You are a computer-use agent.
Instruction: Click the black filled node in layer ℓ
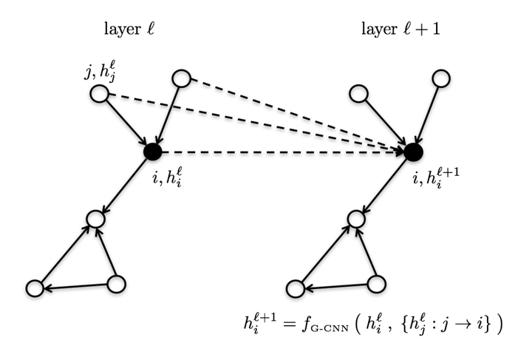[x=153, y=152]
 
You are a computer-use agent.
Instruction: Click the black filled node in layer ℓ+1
[x=413, y=152]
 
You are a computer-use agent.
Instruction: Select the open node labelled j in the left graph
[x=98, y=94]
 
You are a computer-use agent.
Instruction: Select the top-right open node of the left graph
[x=181, y=77]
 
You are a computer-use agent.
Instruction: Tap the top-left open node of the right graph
[x=358, y=94]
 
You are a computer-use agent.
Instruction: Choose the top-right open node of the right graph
[x=441, y=77]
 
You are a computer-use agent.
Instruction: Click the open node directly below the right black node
[x=355, y=218]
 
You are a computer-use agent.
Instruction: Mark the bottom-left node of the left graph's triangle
[x=33, y=289]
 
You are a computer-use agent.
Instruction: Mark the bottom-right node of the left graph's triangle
[x=116, y=284]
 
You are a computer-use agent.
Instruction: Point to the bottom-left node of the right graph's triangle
[x=294, y=289]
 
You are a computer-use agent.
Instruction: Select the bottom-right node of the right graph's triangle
[x=376, y=284]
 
